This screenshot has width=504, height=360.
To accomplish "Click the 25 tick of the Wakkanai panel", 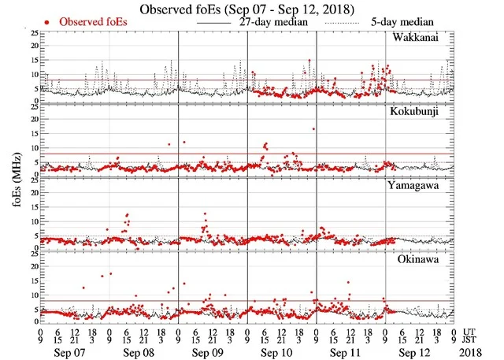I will tap(32, 34).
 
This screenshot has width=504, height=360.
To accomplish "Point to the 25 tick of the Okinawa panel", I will tap(32, 254).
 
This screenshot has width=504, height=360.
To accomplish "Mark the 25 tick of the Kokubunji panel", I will tap(32, 107).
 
